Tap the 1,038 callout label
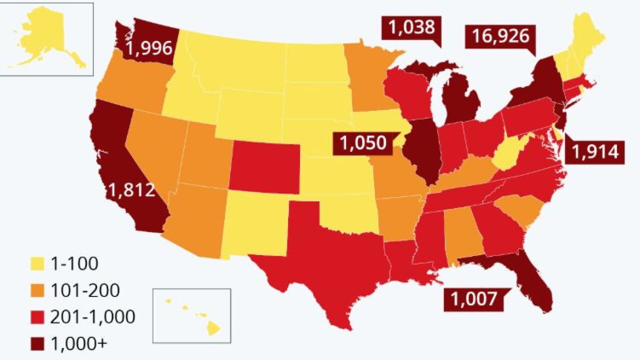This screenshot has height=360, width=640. tap(412, 27)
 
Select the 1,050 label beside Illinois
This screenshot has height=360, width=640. tap(363, 143)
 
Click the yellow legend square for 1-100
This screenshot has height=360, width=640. tap(37, 263)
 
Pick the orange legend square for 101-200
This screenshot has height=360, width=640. tap(37, 290)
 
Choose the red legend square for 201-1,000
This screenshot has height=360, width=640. tap(37, 317)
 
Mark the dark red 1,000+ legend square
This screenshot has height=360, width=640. tap(37, 343)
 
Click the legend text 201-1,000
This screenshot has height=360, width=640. tap(92, 317)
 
